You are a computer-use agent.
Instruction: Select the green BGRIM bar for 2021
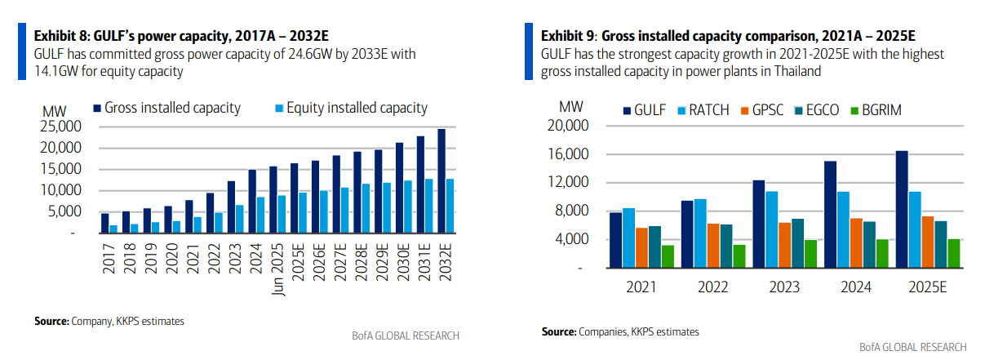click(668, 256)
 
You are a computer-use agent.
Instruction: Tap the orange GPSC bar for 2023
click(785, 245)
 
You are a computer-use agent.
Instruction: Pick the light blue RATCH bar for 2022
click(700, 233)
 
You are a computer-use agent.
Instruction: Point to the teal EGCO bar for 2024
click(869, 244)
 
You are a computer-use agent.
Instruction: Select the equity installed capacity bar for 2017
click(113, 229)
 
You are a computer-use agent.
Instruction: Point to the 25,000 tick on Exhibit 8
click(60, 127)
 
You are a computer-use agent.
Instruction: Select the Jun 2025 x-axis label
click(281, 270)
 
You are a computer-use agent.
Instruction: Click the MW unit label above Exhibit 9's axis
click(570, 107)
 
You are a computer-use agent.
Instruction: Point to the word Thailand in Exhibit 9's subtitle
click(792, 71)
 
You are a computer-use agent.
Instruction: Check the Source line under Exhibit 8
click(109, 321)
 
